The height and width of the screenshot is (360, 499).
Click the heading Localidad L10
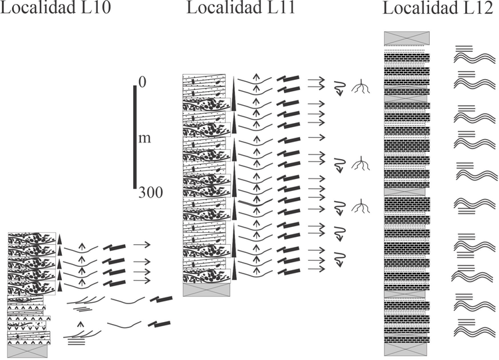tap(55, 7)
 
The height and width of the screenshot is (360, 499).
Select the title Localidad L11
tap(241, 7)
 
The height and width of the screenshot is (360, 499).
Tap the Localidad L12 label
tap(438, 8)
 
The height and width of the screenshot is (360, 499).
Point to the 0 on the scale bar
tap(142, 82)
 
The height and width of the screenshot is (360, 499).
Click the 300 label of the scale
tap(150, 192)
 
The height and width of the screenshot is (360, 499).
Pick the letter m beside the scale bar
tap(145, 139)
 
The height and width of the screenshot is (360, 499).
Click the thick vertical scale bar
tap(135, 137)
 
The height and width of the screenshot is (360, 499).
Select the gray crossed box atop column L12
tap(407, 38)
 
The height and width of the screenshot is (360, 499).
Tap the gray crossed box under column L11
tap(206, 289)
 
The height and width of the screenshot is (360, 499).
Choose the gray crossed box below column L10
tap(27, 351)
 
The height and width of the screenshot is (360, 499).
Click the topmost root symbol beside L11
tap(361, 87)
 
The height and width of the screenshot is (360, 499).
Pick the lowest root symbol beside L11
tap(361, 206)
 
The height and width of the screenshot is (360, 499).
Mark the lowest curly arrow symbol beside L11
tap(340, 258)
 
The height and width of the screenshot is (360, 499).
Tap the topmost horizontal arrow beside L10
tap(142, 244)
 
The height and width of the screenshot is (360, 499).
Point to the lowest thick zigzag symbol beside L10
tap(159, 324)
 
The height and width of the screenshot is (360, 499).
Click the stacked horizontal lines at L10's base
tap(77, 341)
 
